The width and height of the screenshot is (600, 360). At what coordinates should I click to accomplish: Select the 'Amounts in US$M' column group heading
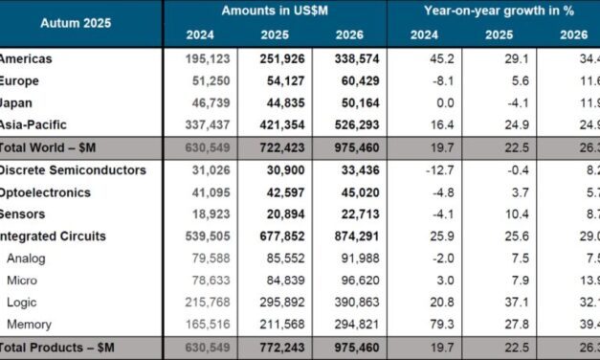click(275, 11)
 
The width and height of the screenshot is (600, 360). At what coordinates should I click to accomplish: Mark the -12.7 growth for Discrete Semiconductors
click(428, 169)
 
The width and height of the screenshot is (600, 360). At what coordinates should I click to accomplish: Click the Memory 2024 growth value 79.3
click(428, 325)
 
